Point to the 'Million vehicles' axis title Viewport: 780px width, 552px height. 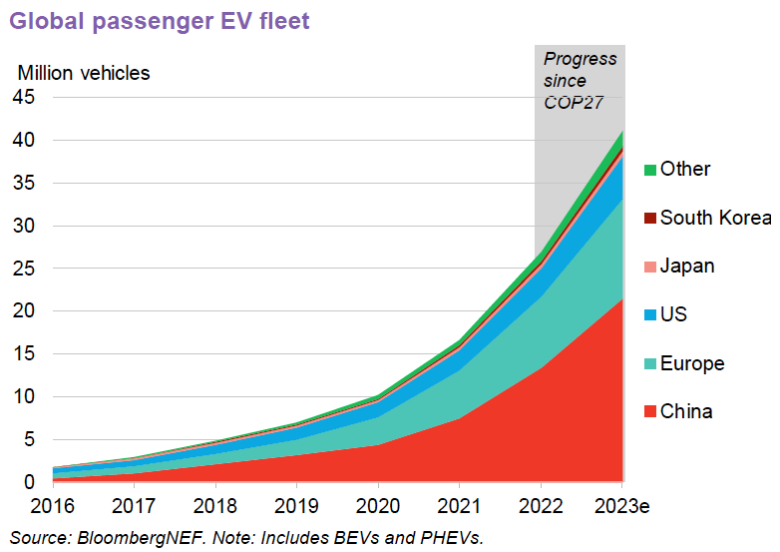click(85, 72)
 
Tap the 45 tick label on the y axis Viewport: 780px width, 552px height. click(25, 97)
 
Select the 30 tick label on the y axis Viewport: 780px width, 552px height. click(25, 227)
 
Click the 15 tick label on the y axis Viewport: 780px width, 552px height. click(25, 354)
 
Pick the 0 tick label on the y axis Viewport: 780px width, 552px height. click(30, 482)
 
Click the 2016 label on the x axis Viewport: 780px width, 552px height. click(53, 506)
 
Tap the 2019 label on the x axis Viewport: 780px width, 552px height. click(297, 506)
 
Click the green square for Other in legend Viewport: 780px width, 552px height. click(649, 171)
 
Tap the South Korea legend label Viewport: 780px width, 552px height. click(715, 219)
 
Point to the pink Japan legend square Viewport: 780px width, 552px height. click(649, 268)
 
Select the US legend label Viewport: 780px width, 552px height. click(673, 315)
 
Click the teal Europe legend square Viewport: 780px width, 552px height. click(649, 364)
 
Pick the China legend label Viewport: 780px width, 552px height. click(686, 411)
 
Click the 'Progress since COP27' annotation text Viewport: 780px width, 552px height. click(580, 80)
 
